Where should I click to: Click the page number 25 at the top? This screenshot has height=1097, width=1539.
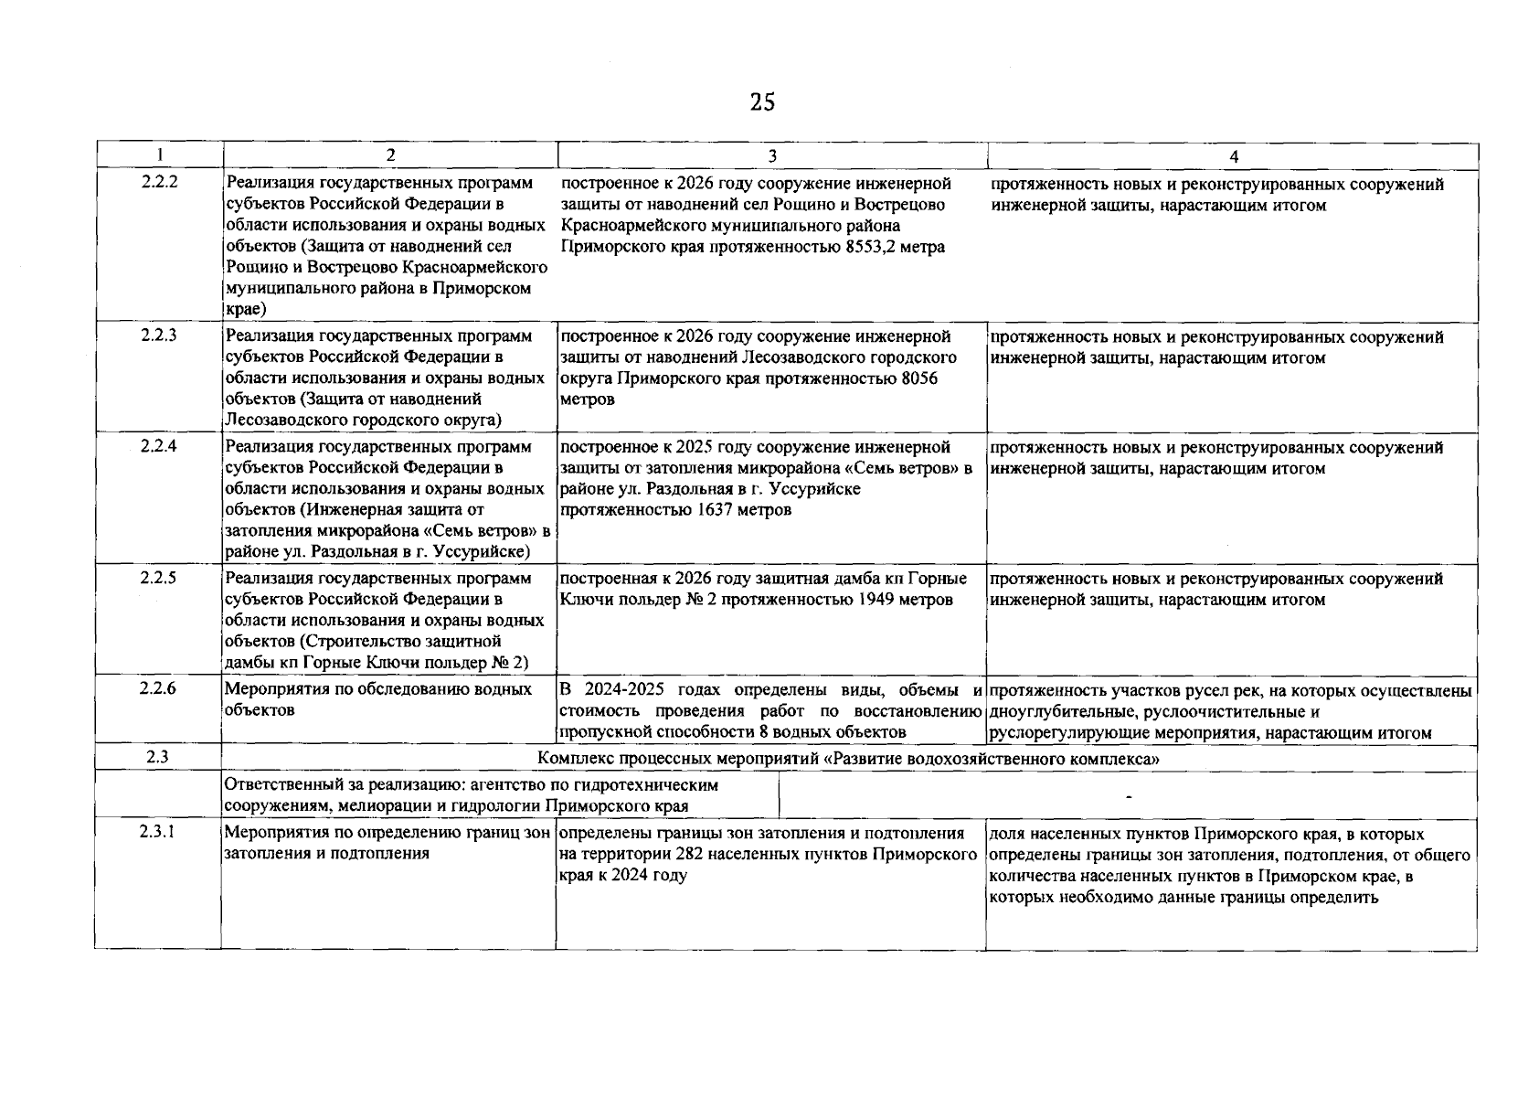pyautogui.click(x=762, y=102)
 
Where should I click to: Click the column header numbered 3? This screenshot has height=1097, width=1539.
pyautogui.click(x=772, y=156)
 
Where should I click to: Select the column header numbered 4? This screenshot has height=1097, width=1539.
pyautogui.click(x=1233, y=156)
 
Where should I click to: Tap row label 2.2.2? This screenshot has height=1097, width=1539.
pyautogui.click(x=159, y=182)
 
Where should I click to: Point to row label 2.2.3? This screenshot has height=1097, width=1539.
pyautogui.click(x=159, y=335)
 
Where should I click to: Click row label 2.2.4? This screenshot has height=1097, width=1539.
pyautogui.click(x=159, y=446)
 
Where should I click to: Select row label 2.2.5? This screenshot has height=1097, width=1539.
pyautogui.click(x=159, y=578)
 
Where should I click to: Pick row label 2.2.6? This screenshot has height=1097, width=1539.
pyautogui.click(x=159, y=688)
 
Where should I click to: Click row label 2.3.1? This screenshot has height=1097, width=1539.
pyautogui.click(x=159, y=832)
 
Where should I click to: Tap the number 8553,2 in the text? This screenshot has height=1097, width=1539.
pyautogui.click(x=872, y=247)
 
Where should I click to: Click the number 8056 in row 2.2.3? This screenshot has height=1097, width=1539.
pyautogui.click(x=918, y=378)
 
